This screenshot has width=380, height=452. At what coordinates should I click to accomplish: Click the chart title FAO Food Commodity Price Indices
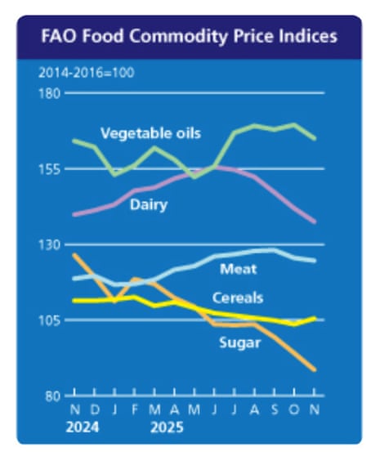pos(190,37)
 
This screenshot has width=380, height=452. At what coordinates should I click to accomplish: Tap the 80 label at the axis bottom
pos(52,396)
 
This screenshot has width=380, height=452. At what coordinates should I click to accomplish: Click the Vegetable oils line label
pos(151,132)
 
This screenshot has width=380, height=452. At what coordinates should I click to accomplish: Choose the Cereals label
pos(238,298)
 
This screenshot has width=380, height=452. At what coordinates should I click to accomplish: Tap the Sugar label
pos(239,342)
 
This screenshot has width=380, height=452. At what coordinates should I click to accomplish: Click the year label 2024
pos(84,427)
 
